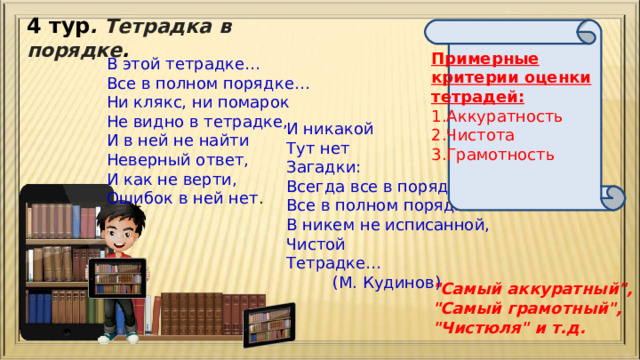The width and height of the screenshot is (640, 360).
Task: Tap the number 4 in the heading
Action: click(x=34, y=25)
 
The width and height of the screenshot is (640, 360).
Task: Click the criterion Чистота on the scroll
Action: click(x=479, y=135)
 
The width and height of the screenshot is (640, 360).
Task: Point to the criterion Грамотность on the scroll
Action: click(x=495, y=154)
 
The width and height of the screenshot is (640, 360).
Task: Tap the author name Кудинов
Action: click(x=406, y=282)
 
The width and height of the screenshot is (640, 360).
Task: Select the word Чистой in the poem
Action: click(x=315, y=243)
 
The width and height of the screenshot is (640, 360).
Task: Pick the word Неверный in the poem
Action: click(x=146, y=159)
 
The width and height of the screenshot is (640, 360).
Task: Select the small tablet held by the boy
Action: click(x=117, y=278)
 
